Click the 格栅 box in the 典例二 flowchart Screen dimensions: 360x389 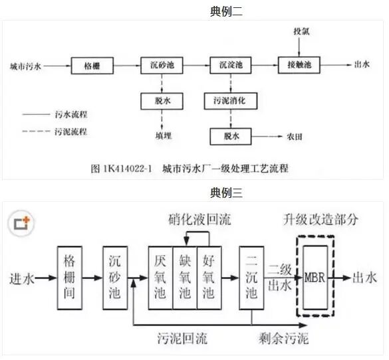click(92, 66)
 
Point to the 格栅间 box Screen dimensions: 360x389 click(70, 278)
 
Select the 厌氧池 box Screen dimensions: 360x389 click(160, 278)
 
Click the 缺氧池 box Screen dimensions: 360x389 click(184, 278)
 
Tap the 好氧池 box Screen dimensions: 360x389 click(209, 278)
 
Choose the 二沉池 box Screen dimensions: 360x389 click(251, 278)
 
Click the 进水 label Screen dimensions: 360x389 click(23, 278)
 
